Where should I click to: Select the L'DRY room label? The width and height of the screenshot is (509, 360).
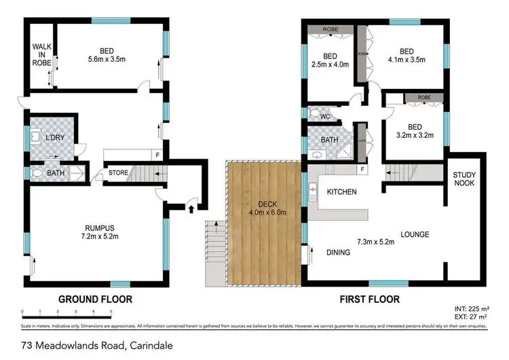pyautogui.click(x=54, y=138)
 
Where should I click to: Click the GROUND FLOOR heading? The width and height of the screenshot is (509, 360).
pyautogui.click(x=95, y=299)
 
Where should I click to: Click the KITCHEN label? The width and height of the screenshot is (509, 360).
pyautogui.click(x=341, y=192)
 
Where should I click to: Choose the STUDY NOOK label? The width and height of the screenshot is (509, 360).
pyautogui.click(x=464, y=179)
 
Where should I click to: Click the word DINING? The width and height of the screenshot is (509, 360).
pyautogui.click(x=337, y=253)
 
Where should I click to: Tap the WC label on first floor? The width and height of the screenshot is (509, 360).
pyautogui.click(x=325, y=116)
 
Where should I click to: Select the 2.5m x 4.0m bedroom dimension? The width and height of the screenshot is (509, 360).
pyautogui.click(x=330, y=65)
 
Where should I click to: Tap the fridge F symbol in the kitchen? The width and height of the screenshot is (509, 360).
pyautogui.click(x=363, y=169)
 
